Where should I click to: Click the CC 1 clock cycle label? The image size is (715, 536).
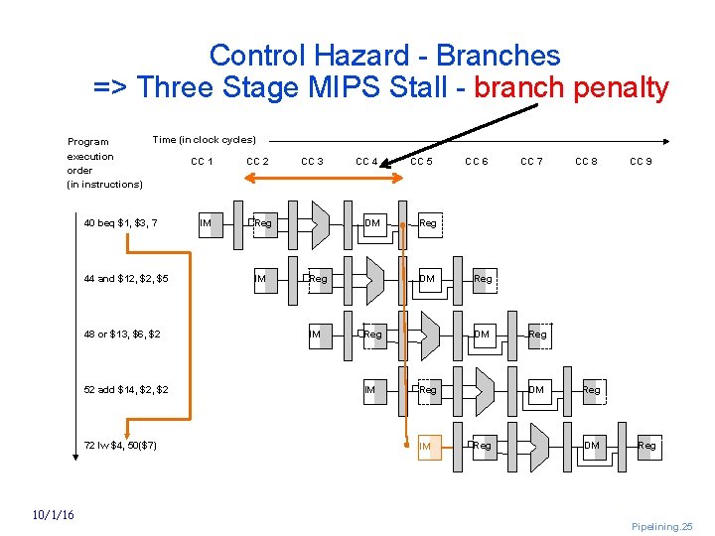[x=202, y=161]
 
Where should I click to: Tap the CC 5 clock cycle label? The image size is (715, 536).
[x=421, y=161]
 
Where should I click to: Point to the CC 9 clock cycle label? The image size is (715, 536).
[x=641, y=161]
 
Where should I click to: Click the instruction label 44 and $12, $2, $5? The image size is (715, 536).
[x=126, y=279]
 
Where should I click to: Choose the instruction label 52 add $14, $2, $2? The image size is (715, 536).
[x=126, y=390]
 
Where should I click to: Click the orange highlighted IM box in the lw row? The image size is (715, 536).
[x=426, y=447]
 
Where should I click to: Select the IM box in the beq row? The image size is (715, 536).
[x=207, y=223]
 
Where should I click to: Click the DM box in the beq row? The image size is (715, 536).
[x=372, y=223]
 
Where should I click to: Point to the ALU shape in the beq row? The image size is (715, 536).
[x=320, y=223]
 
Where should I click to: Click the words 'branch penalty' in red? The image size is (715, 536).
[x=572, y=87]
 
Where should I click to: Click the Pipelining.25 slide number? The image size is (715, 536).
[x=661, y=526]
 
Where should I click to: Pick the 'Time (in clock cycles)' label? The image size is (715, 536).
[x=204, y=140]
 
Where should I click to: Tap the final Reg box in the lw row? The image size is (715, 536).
[x=646, y=446]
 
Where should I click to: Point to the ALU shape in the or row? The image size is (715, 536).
[x=429, y=335]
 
